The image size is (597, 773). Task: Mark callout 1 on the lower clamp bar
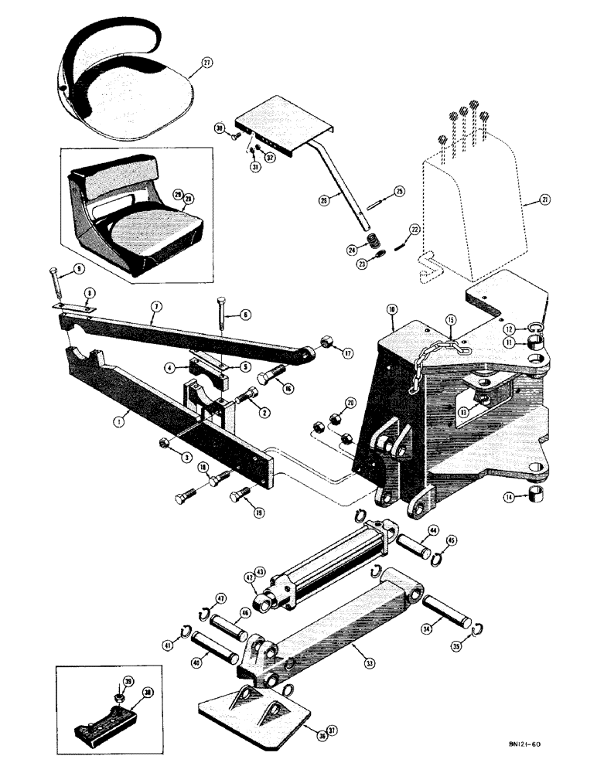pyautogui.click(x=118, y=422)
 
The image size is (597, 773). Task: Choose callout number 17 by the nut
pyautogui.click(x=348, y=355)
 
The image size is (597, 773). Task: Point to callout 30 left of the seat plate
pyautogui.click(x=219, y=128)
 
